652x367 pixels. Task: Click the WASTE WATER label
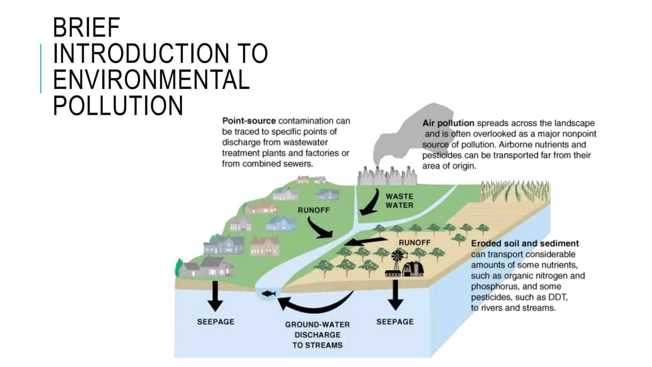[x=399, y=201]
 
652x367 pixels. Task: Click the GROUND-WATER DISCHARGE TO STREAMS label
[x=317, y=335]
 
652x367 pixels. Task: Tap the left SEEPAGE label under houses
[x=216, y=322]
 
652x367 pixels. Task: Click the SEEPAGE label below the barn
[x=395, y=322]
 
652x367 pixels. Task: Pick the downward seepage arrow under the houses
[x=216, y=296]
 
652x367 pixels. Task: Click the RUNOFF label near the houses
[x=314, y=210]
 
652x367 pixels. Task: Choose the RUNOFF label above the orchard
[x=415, y=243]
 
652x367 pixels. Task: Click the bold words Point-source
[x=249, y=121]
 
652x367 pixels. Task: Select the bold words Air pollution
[x=448, y=123]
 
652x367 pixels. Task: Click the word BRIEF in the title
[x=86, y=28]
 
